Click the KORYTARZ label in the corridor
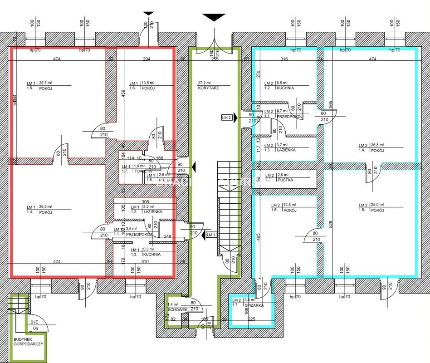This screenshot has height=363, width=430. (x=208, y=88)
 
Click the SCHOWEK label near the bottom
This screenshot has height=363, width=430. (x=177, y=309)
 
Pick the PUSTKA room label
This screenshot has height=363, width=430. (x=286, y=180)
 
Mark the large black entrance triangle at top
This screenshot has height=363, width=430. (x=214, y=17)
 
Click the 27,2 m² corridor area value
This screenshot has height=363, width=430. (x=204, y=83)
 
